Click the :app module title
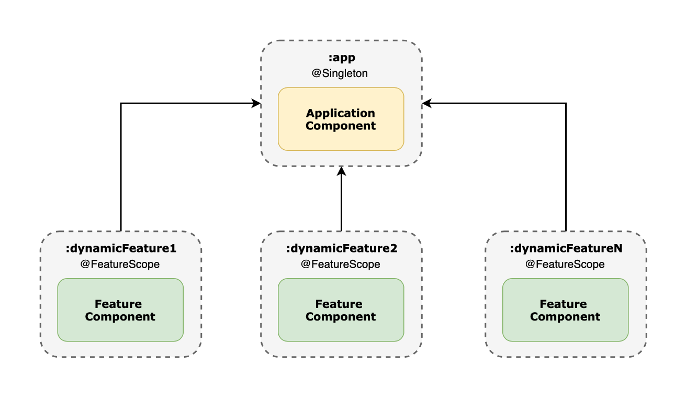(x=341, y=58)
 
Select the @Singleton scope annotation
(x=340, y=73)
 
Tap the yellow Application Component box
(x=341, y=119)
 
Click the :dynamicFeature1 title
(x=121, y=249)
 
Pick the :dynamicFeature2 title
(x=341, y=249)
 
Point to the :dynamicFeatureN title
(x=566, y=249)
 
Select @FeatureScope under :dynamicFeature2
(x=341, y=264)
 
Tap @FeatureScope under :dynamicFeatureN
(x=565, y=264)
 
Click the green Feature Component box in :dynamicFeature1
(x=120, y=310)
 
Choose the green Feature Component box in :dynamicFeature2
(x=341, y=310)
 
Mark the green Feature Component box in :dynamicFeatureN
(x=565, y=310)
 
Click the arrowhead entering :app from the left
(x=256, y=104)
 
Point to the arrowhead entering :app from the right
(x=426, y=104)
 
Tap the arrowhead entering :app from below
(x=341, y=171)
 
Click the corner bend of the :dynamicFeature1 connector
(x=121, y=104)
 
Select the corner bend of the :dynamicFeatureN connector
(x=566, y=104)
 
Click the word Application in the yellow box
(x=341, y=113)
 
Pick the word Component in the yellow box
(x=341, y=126)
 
